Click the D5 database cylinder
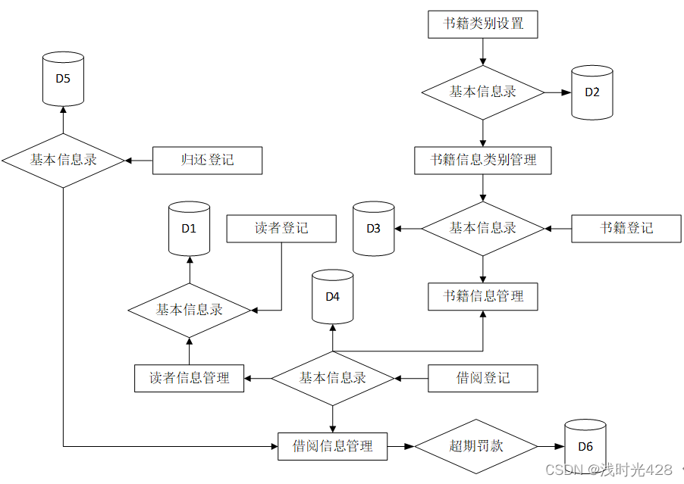coord(63,79)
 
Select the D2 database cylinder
coord(591,92)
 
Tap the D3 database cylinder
coord(374,228)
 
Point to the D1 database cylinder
coord(189,228)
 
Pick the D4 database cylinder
coord(332,297)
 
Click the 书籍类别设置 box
coord(483,23)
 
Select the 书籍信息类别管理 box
coord(483,161)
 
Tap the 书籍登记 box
coord(626,228)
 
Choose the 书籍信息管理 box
coord(483,296)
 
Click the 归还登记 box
coord(207,161)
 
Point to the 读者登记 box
coord(281,228)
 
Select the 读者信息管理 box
coord(189,378)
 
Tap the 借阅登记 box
coord(483,378)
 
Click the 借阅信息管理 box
coord(332,446)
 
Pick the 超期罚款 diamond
coord(475,446)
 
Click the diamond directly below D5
coord(63,161)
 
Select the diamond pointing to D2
coord(483,92)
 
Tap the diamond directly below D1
coord(189,310)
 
